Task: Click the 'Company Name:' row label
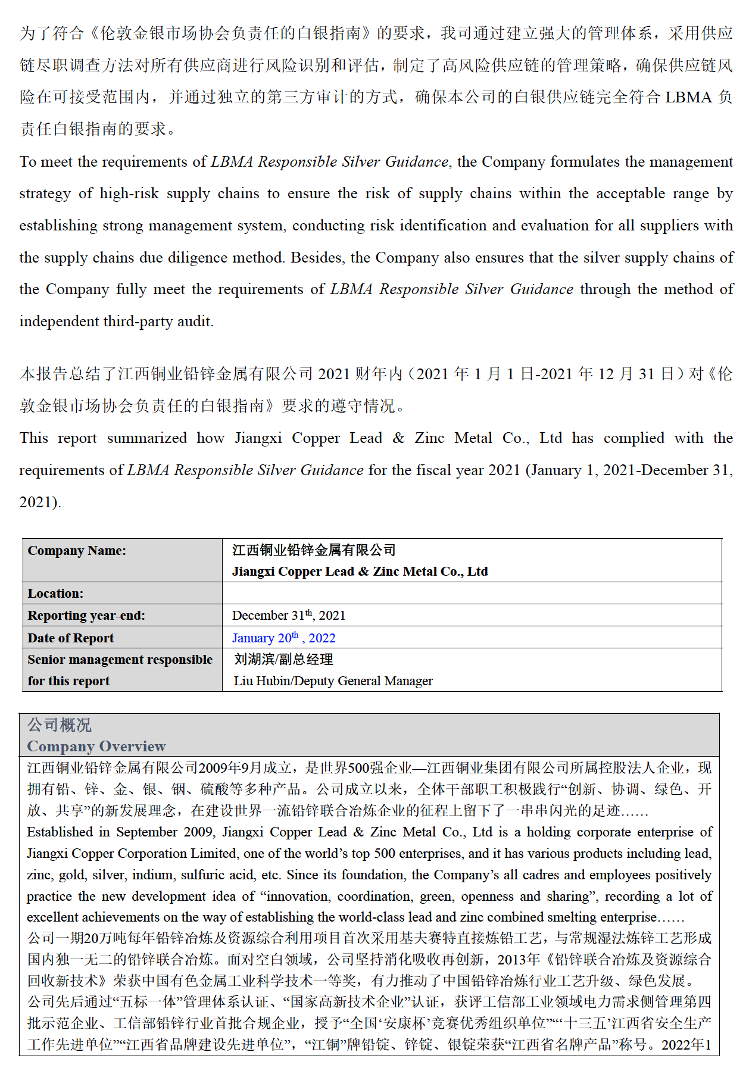(x=77, y=551)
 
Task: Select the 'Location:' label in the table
(x=55, y=594)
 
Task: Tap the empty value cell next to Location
(x=472, y=594)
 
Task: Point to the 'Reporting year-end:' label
(x=86, y=616)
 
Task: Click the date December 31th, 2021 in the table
(x=289, y=616)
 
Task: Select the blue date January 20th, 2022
(x=284, y=638)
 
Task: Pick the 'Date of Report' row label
(x=70, y=638)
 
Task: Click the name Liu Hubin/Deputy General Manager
(x=333, y=681)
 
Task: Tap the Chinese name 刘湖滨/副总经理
(x=284, y=660)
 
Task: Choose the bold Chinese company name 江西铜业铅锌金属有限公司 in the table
(x=314, y=551)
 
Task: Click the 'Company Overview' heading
(x=96, y=747)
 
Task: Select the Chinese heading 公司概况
(x=60, y=725)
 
